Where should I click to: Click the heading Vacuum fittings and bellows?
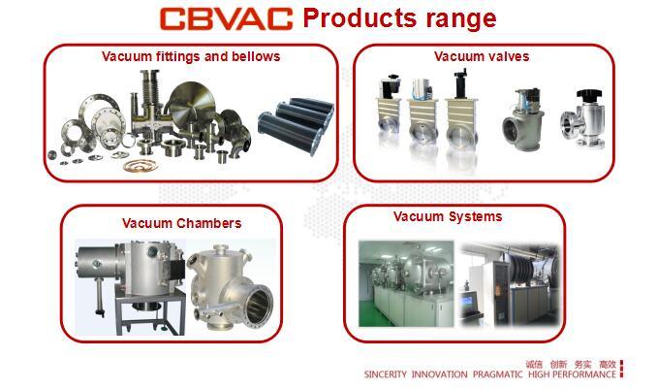191,56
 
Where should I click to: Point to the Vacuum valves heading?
482,56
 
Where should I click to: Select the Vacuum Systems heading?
448,216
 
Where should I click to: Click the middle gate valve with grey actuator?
422,121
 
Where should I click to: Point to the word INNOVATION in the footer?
440,374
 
